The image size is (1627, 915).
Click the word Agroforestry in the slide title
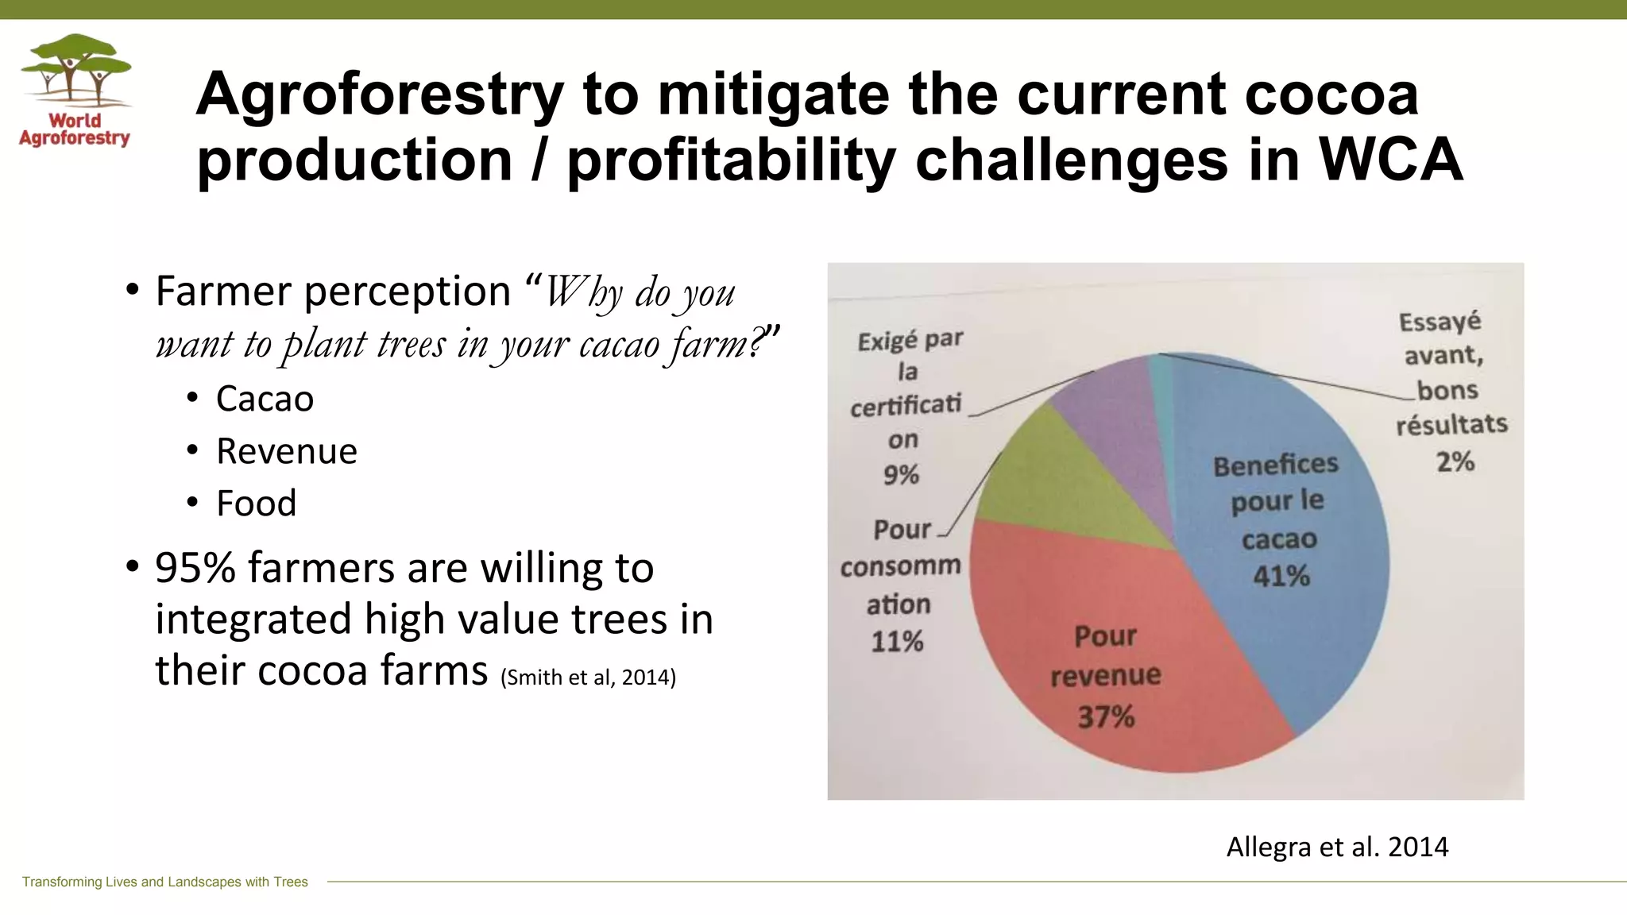pyautogui.click(x=379, y=95)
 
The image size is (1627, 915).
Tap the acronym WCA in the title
pyautogui.click(x=1390, y=160)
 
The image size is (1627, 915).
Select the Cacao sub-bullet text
pyautogui.click(x=265, y=399)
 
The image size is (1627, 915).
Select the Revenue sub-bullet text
pyautogui.click(x=286, y=451)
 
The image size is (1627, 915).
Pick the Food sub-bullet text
pyautogui.click(x=256, y=504)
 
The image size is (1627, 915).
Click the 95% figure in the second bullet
pyautogui.click(x=195, y=568)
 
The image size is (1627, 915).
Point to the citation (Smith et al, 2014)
pyautogui.click(x=588, y=678)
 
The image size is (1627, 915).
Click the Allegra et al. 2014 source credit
pyautogui.click(x=1337, y=847)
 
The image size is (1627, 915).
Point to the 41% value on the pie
pyautogui.click(x=1281, y=576)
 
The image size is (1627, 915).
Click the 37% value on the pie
pyautogui.click(x=1105, y=717)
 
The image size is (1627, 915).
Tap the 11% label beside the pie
pyautogui.click(x=897, y=641)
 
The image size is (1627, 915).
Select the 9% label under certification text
pyautogui.click(x=901, y=475)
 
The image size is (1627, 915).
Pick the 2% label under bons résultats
pyautogui.click(x=1455, y=461)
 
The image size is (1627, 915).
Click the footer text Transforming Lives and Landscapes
pyautogui.click(x=164, y=882)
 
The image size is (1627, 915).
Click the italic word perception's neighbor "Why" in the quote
pyautogui.click(x=582, y=291)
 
